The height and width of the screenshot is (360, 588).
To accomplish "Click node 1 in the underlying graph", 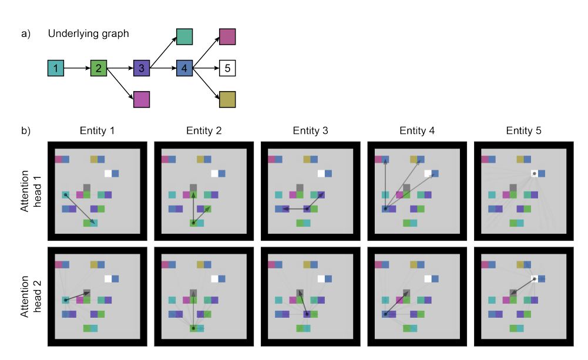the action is click(x=55, y=68).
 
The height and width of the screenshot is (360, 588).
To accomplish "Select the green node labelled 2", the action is click(x=99, y=68).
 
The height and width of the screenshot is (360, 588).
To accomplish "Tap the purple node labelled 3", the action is click(x=142, y=68).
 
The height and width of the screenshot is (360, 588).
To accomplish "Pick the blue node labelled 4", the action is click(x=184, y=68).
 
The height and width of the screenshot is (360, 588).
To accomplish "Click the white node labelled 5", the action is click(x=227, y=68).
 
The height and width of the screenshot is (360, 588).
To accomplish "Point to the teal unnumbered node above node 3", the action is click(x=184, y=37).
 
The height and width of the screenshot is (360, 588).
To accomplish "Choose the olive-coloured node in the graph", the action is click(x=227, y=100).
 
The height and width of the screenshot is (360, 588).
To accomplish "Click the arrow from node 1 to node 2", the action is click(x=78, y=68).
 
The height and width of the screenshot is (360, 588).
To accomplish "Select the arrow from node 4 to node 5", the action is click(x=206, y=68).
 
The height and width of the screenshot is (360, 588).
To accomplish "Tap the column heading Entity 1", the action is click(x=97, y=130).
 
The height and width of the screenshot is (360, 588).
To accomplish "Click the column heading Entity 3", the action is click(x=311, y=130).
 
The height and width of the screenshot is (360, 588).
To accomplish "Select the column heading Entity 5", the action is click(x=523, y=130).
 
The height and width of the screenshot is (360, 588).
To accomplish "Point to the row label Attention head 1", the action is click(x=31, y=191).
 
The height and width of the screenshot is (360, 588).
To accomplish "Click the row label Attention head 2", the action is click(x=31, y=297).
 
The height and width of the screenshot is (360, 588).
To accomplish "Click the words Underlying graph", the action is click(x=89, y=33).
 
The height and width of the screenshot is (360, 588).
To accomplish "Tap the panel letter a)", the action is click(x=25, y=33).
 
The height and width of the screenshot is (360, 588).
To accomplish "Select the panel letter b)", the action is click(x=25, y=130).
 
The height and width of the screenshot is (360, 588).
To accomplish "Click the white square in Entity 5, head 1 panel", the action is click(x=535, y=174).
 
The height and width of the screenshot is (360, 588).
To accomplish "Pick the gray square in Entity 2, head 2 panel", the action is click(x=193, y=293).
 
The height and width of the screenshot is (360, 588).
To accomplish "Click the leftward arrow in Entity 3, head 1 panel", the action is click(x=294, y=209).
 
